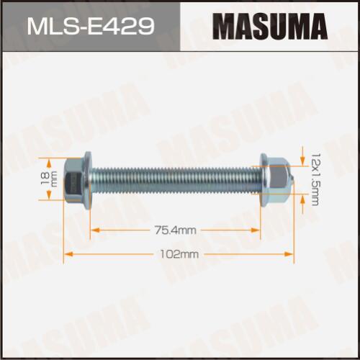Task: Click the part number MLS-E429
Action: point(91,27)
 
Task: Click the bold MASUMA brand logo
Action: point(270,27)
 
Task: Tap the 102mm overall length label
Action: point(179,254)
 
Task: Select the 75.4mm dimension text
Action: point(175,230)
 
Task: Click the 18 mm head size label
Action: point(50,179)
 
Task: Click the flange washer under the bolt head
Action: point(88,180)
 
